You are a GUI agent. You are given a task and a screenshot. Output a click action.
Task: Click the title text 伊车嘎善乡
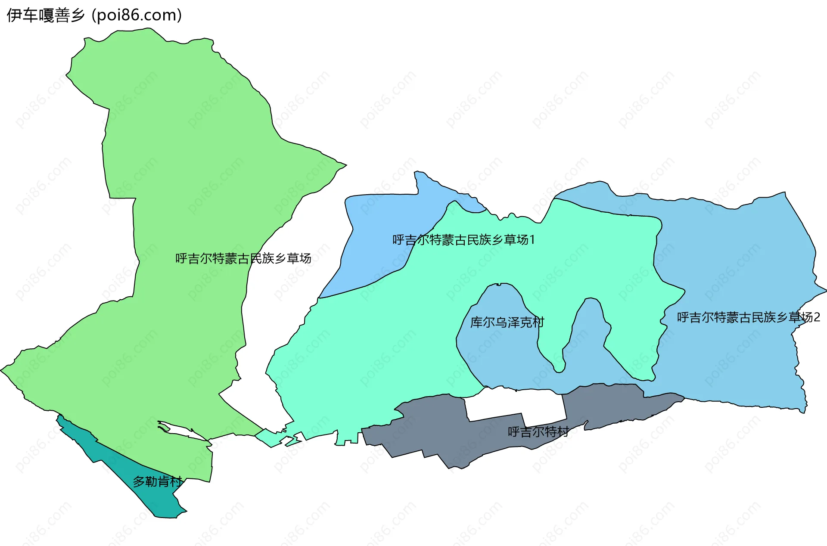pos(45,16)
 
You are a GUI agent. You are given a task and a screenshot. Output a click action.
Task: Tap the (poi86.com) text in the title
pos(137,16)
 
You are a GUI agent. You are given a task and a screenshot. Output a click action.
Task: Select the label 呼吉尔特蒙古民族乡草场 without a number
pos(243,258)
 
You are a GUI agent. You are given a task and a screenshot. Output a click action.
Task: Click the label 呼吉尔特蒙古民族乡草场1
pos(463,240)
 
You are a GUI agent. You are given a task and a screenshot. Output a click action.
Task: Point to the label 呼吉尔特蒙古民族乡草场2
pos(748,317)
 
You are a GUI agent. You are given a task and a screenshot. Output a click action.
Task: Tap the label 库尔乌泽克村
pos(507,322)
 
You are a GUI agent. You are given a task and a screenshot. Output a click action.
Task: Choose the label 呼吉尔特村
pos(538,431)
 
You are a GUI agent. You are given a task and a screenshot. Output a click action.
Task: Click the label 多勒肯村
pos(157,481)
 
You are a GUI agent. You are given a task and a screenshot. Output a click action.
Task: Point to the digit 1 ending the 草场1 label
pos(532,240)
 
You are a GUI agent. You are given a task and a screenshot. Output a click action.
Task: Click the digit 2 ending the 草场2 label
pos(817,317)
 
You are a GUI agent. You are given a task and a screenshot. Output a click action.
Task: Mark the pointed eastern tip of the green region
pos(345,164)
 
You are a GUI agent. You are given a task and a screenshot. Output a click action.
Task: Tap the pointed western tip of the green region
pos(2,369)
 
